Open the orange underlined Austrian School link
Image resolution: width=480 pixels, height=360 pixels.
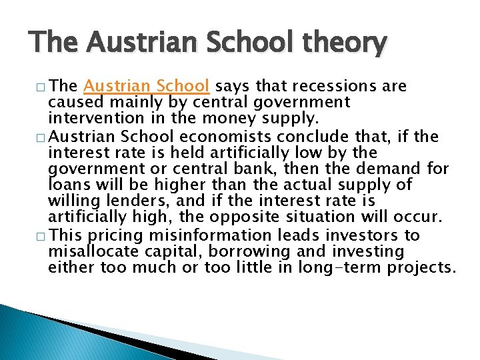coord(147,87)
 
